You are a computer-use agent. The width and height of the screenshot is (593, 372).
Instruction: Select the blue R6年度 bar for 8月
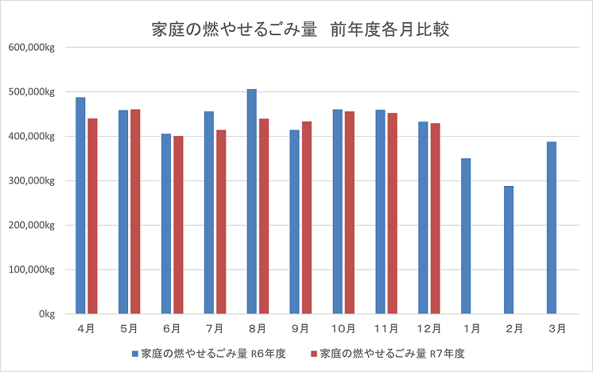[251, 202]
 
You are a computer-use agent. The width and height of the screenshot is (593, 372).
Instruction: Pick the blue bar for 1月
[466, 236]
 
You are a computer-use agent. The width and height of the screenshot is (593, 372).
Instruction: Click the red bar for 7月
[221, 222]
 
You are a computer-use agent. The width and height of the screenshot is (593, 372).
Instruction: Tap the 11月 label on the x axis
[387, 327]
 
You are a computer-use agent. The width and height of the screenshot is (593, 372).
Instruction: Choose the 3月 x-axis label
[557, 327]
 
